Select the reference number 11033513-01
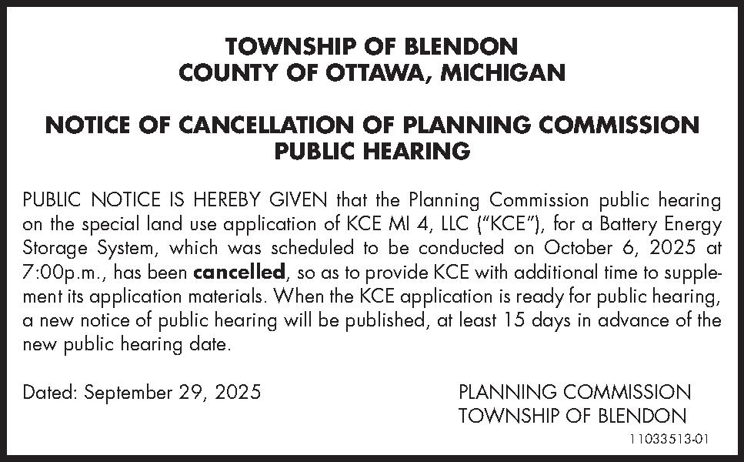[669, 439]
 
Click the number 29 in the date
[196, 393]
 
